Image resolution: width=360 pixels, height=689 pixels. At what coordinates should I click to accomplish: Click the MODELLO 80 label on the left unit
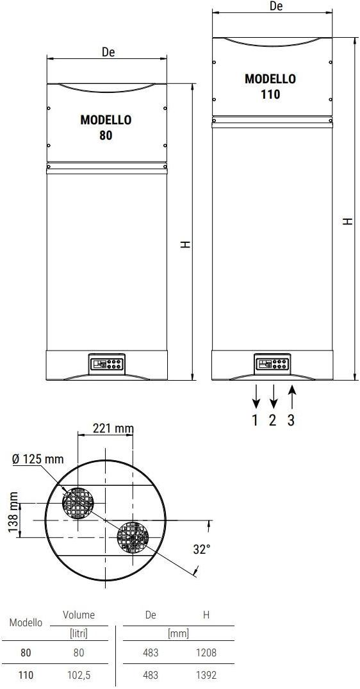tap(106, 128)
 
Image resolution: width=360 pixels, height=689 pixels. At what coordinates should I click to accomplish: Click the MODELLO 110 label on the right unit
tap(270, 87)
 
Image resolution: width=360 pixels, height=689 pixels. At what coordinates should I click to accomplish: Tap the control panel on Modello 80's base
tap(106, 364)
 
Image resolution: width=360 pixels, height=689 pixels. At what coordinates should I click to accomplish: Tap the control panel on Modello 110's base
tap(272, 364)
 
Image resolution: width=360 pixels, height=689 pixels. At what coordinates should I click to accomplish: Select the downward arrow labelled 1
tap(256, 396)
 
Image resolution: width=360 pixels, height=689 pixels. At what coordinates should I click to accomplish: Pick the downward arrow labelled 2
tap(274, 396)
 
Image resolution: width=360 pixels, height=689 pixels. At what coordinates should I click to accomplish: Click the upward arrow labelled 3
tap(293, 396)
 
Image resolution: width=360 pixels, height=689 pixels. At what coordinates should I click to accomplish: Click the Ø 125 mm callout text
tap(38, 460)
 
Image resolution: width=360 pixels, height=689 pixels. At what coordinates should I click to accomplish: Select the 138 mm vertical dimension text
tap(13, 512)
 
